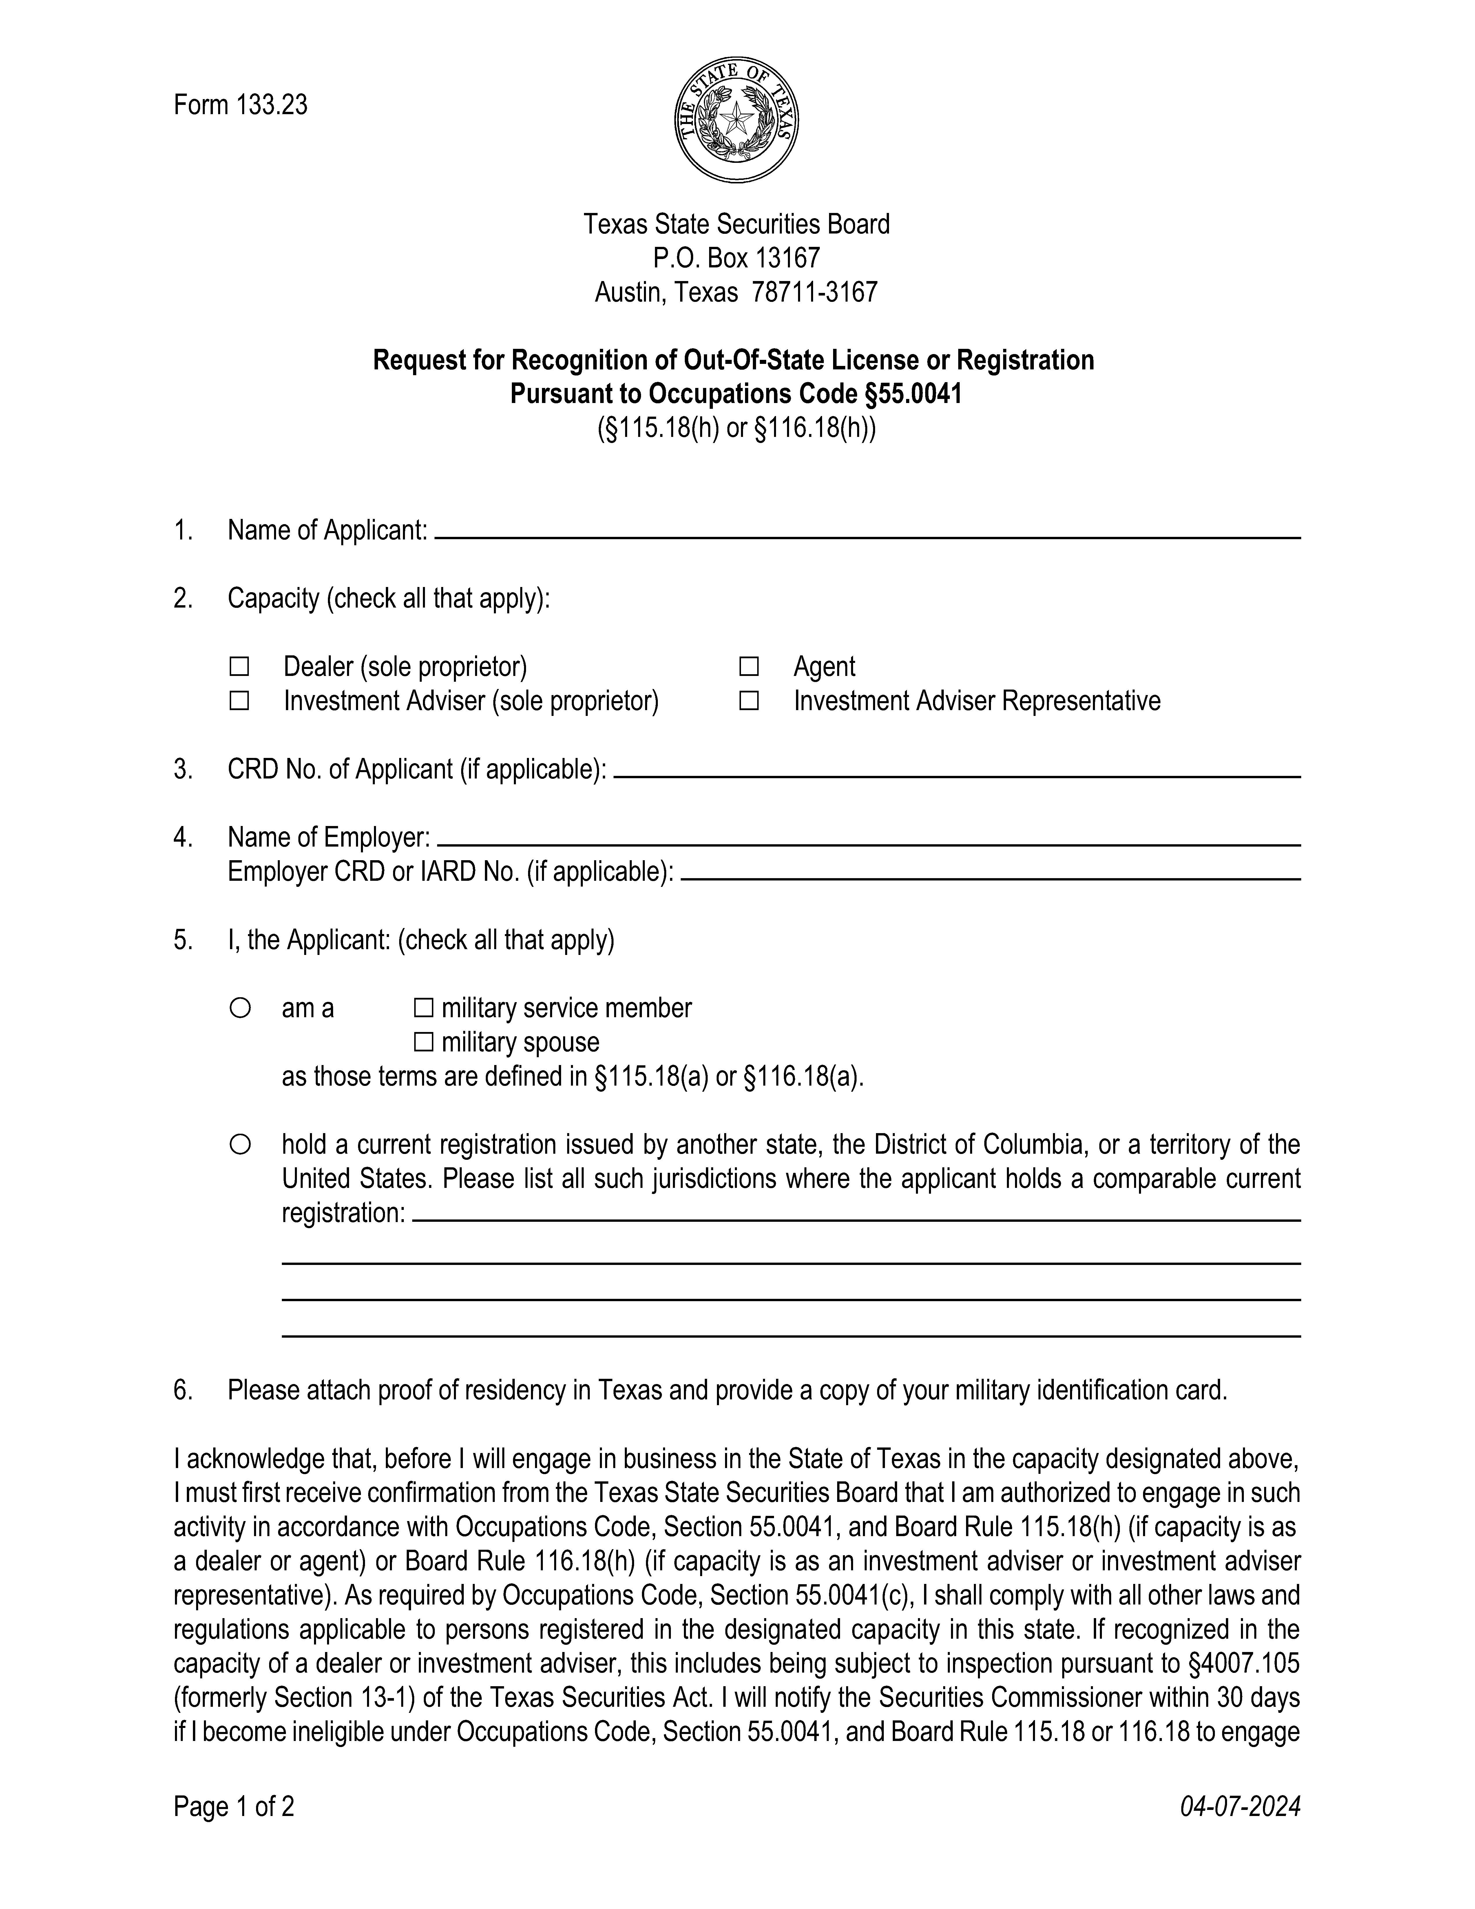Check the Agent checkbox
pos(749,667)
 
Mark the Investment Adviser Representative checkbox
pos(749,701)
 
